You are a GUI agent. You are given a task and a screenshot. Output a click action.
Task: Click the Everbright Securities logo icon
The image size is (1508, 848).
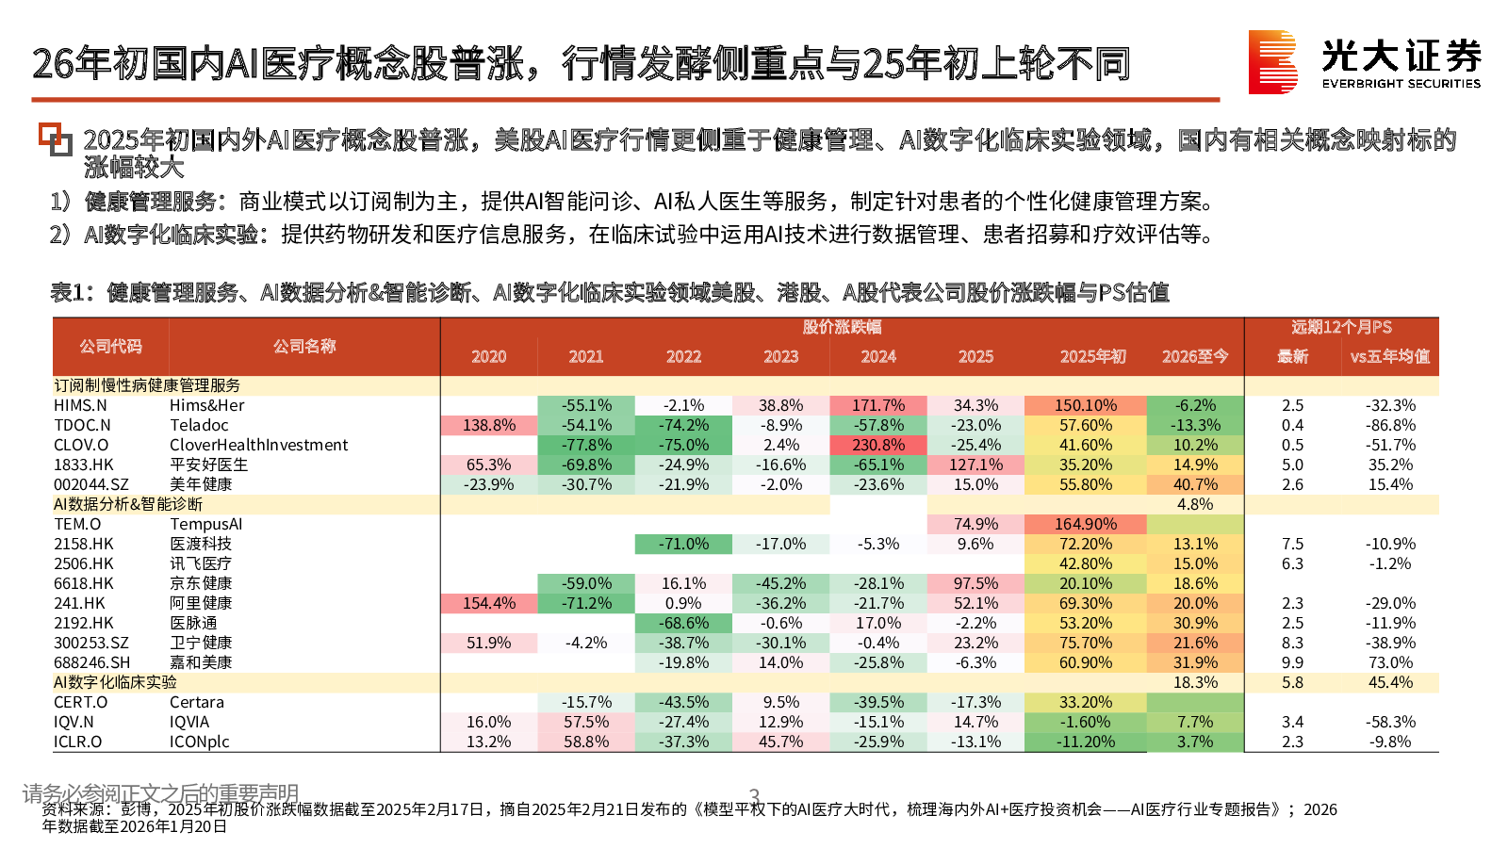click(1272, 62)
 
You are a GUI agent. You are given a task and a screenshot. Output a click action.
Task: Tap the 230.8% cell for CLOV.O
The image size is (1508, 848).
click(878, 445)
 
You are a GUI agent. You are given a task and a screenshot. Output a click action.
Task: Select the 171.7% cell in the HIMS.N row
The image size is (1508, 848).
click(878, 405)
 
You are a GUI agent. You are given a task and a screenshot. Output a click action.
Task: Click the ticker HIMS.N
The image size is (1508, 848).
click(80, 405)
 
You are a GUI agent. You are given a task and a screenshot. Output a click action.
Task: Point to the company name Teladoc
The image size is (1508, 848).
click(199, 425)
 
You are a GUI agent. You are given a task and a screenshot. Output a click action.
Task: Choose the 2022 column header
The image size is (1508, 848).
click(683, 356)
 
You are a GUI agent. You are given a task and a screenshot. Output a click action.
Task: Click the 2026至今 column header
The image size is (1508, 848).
click(1194, 356)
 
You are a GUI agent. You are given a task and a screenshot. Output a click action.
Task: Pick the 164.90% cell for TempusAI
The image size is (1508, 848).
click(1085, 524)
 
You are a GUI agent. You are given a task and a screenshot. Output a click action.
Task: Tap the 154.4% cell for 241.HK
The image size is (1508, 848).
click(489, 603)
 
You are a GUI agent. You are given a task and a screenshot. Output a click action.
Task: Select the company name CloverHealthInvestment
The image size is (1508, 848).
click(258, 445)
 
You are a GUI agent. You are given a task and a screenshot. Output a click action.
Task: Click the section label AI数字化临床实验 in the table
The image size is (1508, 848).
click(115, 682)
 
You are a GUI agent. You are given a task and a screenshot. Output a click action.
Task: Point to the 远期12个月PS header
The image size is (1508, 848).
click(1341, 327)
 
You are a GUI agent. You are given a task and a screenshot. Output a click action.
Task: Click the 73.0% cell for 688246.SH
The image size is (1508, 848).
click(1390, 662)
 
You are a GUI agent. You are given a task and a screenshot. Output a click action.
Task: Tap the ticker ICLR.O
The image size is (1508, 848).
click(77, 742)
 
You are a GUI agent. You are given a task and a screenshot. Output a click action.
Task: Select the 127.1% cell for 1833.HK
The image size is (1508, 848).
click(975, 465)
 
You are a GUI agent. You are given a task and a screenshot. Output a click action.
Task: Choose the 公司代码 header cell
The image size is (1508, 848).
click(110, 346)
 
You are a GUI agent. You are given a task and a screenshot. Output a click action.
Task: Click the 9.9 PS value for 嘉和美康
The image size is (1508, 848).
click(1292, 662)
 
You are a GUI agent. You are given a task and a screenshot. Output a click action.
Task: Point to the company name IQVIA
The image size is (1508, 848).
click(189, 722)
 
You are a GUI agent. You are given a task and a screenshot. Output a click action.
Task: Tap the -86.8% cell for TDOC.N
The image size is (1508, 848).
click(1390, 425)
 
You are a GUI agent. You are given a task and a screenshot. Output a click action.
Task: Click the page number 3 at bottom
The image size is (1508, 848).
click(754, 795)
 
